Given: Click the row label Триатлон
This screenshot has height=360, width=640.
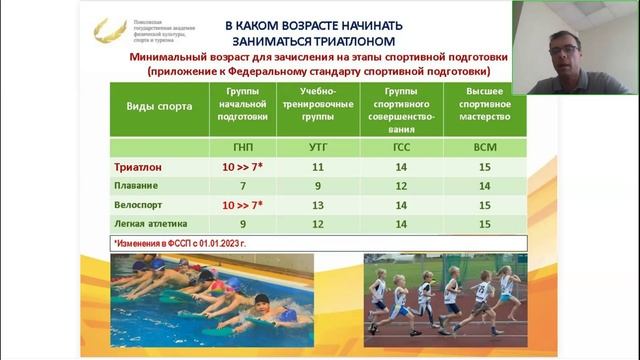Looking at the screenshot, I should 137,168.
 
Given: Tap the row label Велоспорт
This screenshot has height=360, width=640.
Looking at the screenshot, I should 137,205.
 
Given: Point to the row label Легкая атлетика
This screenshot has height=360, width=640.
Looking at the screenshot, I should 146,224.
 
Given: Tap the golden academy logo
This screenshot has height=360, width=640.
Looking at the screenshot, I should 108,31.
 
